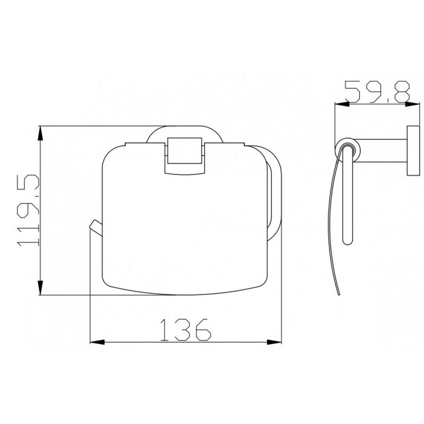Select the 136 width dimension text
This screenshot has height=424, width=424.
185,328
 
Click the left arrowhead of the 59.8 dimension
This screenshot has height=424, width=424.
340,104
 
